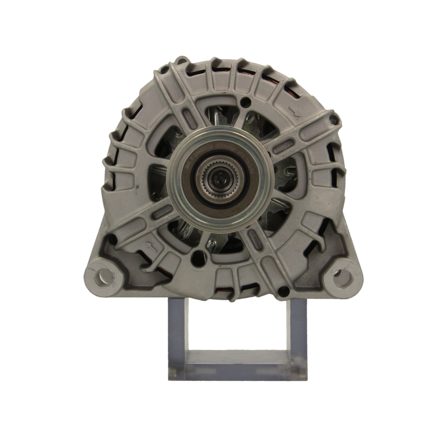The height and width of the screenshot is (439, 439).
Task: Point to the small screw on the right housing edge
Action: click(333, 121)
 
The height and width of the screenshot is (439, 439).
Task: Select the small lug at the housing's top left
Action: click(181, 60)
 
